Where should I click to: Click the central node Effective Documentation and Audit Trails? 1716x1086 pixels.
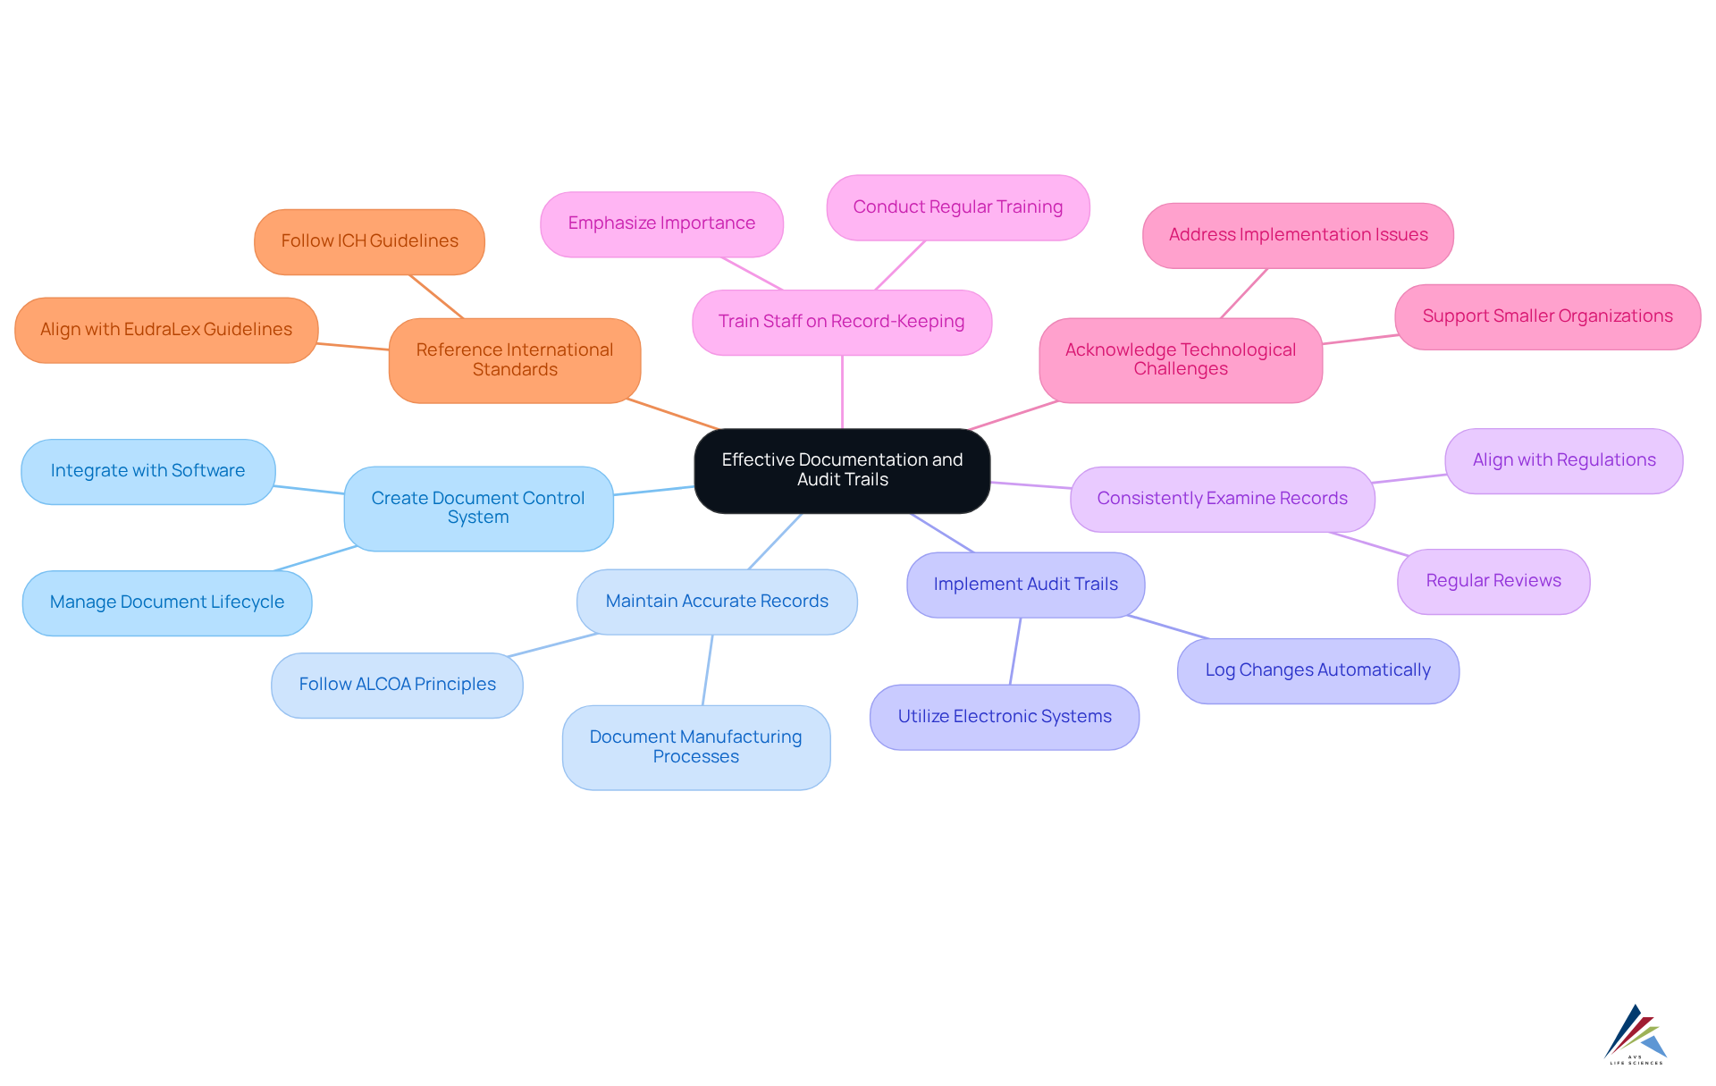(x=842, y=470)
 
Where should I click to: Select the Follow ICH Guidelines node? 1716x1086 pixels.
(x=369, y=241)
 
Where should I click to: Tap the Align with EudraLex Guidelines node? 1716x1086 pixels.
(x=166, y=330)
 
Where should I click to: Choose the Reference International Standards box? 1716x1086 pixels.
(x=514, y=360)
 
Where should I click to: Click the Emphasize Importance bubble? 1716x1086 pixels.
(x=661, y=223)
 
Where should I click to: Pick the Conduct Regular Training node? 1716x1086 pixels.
(x=957, y=207)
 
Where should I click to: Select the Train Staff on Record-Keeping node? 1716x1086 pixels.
(x=841, y=322)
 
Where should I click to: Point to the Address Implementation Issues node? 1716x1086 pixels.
(x=1298, y=235)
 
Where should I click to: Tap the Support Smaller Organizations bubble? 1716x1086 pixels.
(x=1547, y=316)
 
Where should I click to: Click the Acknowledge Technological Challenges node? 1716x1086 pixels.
(x=1180, y=359)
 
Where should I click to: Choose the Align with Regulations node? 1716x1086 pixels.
(x=1563, y=460)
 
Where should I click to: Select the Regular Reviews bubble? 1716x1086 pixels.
(x=1493, y=581)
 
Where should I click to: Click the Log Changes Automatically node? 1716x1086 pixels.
(x=1317, y=670)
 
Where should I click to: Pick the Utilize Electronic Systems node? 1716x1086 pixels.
(x=1004, y=717)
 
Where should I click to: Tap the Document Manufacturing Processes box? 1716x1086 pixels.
(x=695, y=747)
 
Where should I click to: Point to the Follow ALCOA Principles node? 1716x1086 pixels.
(x=397, y=685)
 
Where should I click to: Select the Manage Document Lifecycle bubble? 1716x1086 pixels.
(x=167, y=602)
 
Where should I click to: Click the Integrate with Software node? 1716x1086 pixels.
(x=147, y=471)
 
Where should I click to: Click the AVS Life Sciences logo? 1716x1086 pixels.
(x=1636, y=1034)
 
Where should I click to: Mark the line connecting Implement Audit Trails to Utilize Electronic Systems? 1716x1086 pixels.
(x=1015, y=651)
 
